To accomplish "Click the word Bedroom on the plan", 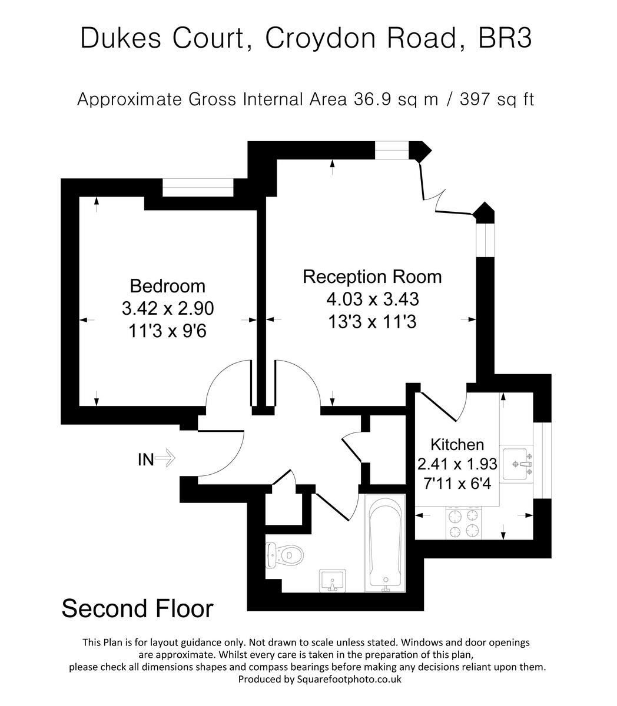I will click(167, 287).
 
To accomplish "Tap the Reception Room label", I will click(371, 277).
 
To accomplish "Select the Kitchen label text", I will click(457, 445).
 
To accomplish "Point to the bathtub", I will click(385, 541).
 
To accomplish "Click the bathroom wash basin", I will click(333, 580).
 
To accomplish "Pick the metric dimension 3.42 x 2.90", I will click(167, 308).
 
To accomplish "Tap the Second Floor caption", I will click(137, 608).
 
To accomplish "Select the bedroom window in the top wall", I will click(198, 188).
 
